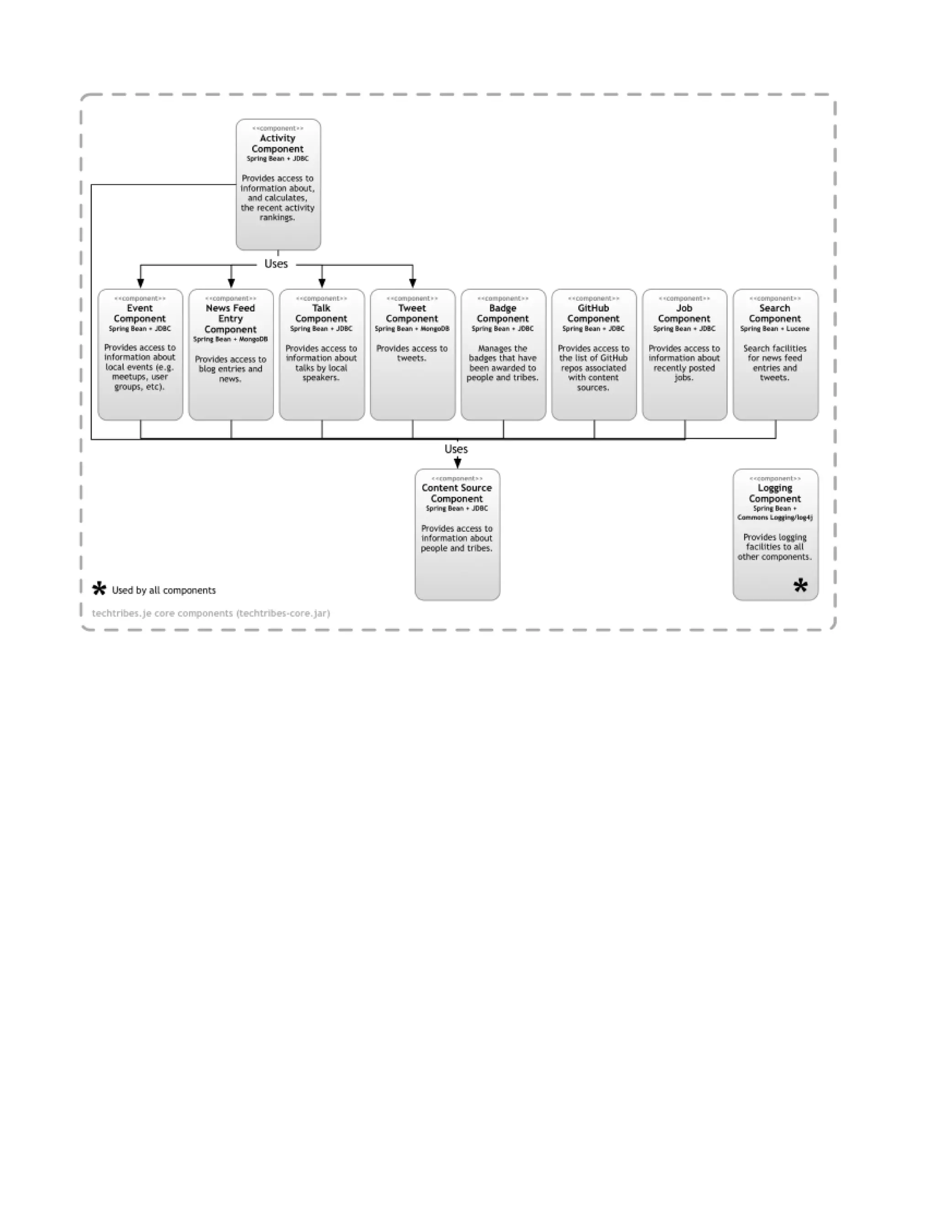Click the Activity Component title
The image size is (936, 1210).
point(277,143)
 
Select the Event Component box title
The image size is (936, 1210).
point(140,314)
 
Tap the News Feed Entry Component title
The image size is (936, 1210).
point(230,319)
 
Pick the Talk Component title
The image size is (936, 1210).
point(321,314)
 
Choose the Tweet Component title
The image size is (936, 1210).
point(412,314)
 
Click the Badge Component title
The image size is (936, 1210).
point(502,314)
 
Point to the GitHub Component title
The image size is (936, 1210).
point(593,314)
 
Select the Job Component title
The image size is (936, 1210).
point(684,314)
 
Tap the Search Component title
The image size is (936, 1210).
point(775,314)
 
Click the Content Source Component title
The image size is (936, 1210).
point(457,493)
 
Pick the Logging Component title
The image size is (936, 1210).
point(775,493)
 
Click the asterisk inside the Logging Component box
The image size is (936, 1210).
point(800,586)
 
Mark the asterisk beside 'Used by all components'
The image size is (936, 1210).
point(99,589)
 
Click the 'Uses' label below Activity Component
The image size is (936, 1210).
point(276,264)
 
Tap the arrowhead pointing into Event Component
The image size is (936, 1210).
point(140,284)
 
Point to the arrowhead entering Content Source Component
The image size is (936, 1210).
point(457,464)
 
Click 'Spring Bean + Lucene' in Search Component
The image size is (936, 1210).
point(775,329)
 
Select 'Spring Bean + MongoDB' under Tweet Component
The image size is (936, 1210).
point(412,329)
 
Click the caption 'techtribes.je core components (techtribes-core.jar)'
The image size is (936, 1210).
point(211,613)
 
